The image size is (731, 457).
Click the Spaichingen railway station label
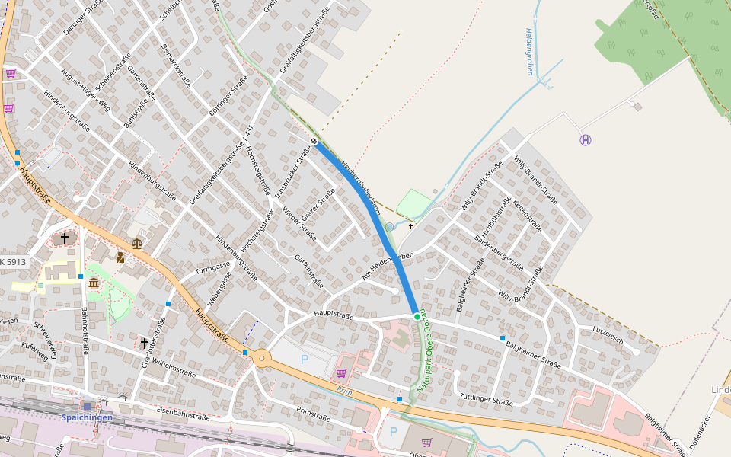(87, 417)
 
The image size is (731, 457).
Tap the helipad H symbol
(585, 140)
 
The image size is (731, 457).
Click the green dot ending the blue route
(416, 315)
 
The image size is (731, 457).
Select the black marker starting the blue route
(314, 142)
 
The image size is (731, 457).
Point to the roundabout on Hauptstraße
(262, 357)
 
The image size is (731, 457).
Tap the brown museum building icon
(94, 283)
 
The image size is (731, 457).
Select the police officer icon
(120, 257)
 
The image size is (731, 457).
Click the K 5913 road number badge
(14, 262)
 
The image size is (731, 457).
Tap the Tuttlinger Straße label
(487, 398)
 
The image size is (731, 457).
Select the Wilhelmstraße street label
(174, 369)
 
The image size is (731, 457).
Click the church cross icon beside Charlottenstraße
(144, 344)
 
